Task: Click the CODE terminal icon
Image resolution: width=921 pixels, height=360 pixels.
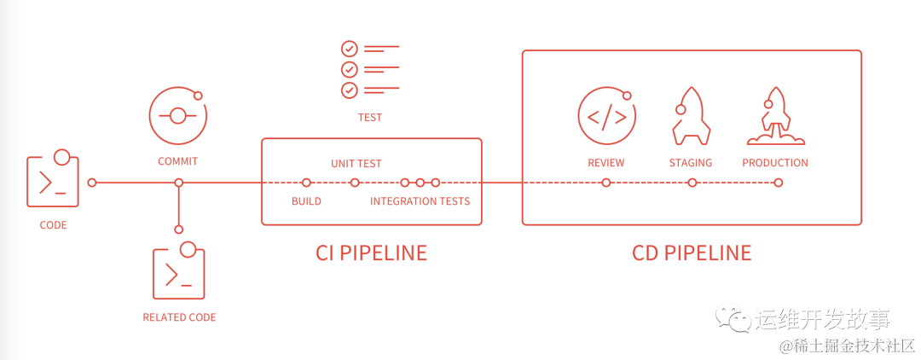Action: (53, 180)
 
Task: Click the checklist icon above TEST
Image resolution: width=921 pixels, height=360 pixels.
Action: (369, 69)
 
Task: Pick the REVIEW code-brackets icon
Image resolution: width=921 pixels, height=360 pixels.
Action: (605, 116)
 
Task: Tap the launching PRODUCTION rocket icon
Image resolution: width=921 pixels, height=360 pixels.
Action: (774, 116)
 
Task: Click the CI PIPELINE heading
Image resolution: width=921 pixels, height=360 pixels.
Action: (371, 253)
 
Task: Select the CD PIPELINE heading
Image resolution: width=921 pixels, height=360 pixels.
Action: (692, 253)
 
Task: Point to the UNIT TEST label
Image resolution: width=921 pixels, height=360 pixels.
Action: (356, 163)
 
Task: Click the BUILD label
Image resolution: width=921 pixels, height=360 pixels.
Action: (306, 201)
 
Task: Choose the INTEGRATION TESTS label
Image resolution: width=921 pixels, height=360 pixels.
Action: (420, 201)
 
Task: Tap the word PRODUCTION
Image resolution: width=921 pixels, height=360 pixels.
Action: (775, 163)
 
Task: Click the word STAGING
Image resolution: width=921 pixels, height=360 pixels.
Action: (691, 163)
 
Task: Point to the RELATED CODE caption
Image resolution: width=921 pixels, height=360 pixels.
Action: (179, 317)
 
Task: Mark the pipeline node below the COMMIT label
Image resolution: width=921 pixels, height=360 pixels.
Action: (178, 183)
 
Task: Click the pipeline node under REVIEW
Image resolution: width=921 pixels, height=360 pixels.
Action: (605, 183)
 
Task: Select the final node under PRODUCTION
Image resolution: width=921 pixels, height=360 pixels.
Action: (778, 183)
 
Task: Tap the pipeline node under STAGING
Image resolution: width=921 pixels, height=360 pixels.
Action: (692, 183)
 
